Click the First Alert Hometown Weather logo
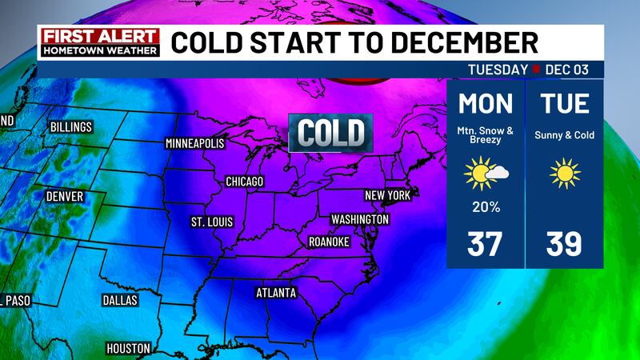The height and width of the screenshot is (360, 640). point(99,42)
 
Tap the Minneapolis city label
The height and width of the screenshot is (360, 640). point(195,144)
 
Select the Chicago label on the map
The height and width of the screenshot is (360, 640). point(244,182)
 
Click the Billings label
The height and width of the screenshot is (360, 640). point(70,127)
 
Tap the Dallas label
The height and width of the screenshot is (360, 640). point(120,300)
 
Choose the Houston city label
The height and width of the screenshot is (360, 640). point(128,348)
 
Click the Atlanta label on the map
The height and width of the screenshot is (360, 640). point(276,293)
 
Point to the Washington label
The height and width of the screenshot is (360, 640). point(359,219)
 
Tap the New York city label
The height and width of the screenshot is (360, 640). point(387,195)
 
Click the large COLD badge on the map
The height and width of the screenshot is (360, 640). point(331,132)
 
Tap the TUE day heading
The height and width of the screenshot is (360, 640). point(564,105)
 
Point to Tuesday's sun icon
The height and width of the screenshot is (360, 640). point(564,174)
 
